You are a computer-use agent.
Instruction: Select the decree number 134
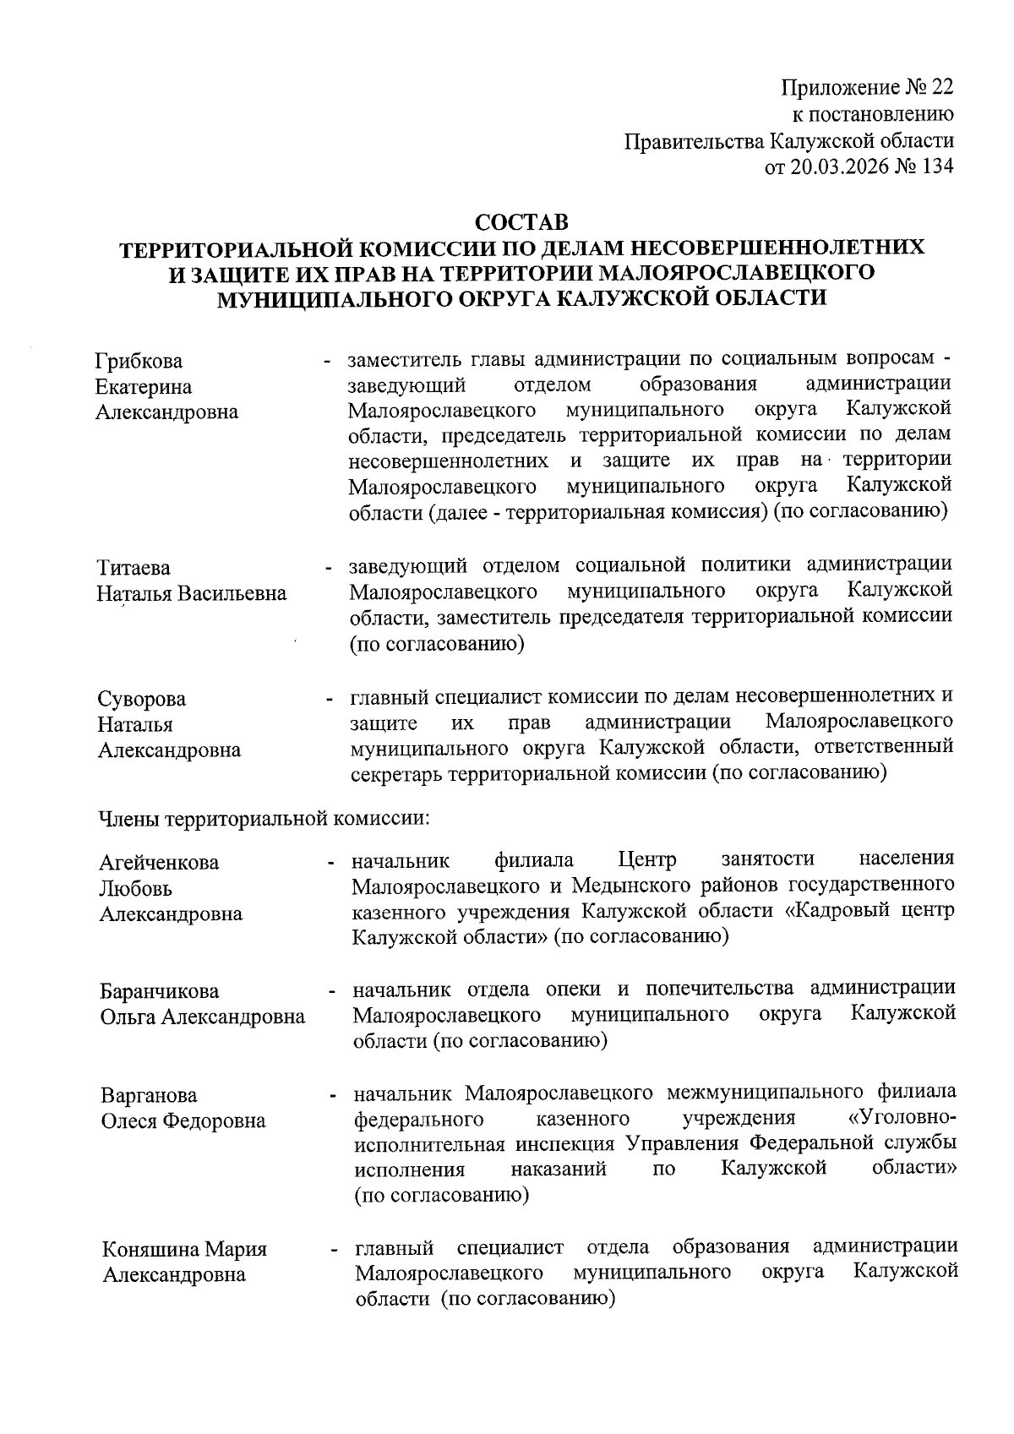(x=937, y=166)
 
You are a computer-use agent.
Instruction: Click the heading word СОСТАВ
(x=521, y=223)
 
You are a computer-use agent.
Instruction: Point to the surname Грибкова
(x=139, y=362)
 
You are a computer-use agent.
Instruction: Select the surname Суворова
(x=142, y=699)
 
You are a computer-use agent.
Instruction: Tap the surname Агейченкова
(x=159, y=863)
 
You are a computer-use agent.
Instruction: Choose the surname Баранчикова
(x=159, y=991)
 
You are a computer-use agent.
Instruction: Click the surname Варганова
(x=149, y=1096)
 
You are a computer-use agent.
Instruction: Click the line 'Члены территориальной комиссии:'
(x=265, y=818)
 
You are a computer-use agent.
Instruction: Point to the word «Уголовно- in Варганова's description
(x=901, y=1119)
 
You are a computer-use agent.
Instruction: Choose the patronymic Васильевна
(x=232, y=593)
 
